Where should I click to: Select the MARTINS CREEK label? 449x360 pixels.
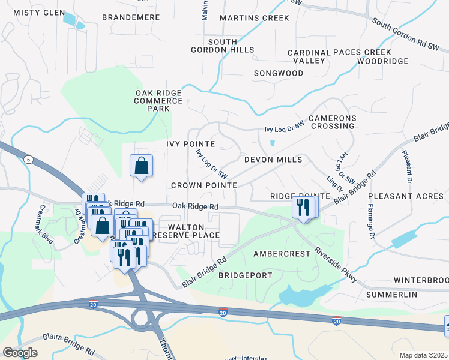[255, 18]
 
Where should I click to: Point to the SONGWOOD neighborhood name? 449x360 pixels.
[279, 73]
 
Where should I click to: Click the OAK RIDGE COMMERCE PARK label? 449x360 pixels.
[158, 100]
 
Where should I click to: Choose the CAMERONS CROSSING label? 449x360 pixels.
[332, 122]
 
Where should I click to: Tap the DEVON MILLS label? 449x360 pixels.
[273, 160]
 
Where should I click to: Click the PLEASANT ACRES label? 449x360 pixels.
[405, 196]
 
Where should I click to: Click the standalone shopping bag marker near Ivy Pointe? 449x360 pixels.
[141, 166]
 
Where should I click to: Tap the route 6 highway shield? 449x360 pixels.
[28, 159]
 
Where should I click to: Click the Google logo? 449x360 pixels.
[20, 353]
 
